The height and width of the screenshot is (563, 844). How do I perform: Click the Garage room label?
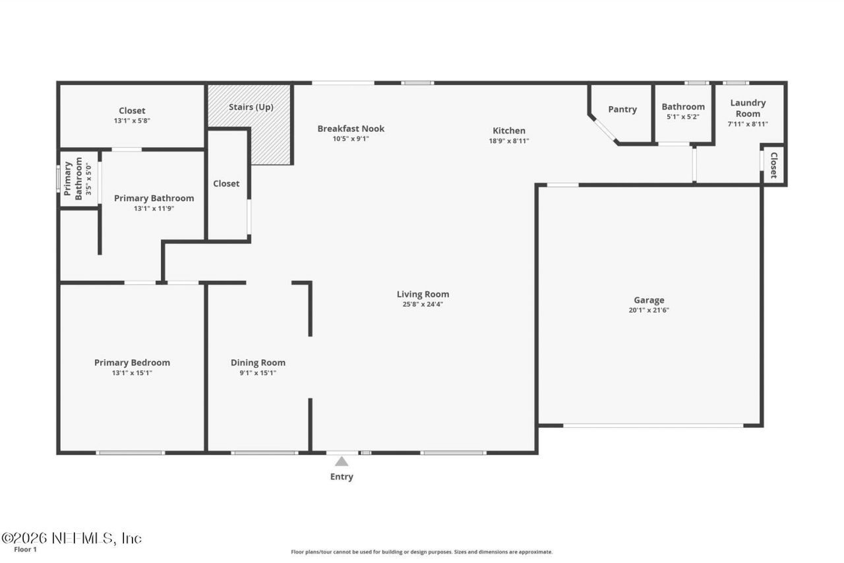coord(649,300)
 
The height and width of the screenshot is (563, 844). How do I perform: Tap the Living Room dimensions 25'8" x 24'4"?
coord(423,305)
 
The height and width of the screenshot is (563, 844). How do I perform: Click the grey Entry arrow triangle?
coord(342,461)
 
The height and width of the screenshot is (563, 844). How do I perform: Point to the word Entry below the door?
coord(342,477)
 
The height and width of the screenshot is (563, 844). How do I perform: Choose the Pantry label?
coord(622,109)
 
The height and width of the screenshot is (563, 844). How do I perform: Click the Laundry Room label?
coord(748,108)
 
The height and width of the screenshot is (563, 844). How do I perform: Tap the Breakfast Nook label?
coord(351,129)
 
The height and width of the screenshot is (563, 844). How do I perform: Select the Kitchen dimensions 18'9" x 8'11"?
coord(509,140)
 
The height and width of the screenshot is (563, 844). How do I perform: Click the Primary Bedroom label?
coord(132,363)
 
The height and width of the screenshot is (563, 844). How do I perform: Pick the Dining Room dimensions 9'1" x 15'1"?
coord(258,373)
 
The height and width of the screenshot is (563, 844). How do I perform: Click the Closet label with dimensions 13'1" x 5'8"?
coord(132,111)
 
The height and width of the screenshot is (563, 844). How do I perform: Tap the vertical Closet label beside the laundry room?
coord(774,165)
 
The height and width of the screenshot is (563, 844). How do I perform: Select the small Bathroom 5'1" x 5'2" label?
coord(683,107)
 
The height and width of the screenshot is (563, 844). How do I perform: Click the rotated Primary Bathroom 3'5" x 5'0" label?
coord(73,179)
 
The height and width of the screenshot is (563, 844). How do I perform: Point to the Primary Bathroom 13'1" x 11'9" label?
coord(154,198)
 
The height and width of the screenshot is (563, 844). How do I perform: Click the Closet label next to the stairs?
coord(226,183)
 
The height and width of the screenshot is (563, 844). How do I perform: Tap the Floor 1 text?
coord(26,549)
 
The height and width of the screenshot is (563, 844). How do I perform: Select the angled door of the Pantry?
coord(605,131)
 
